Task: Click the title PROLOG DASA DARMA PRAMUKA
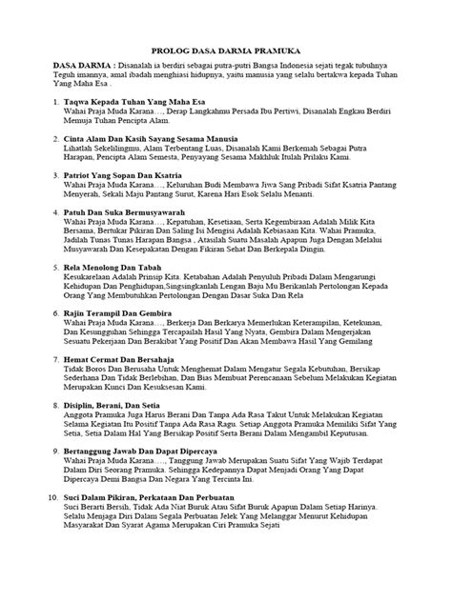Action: coord(225,58)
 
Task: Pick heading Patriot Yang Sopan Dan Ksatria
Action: coord(126,177)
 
